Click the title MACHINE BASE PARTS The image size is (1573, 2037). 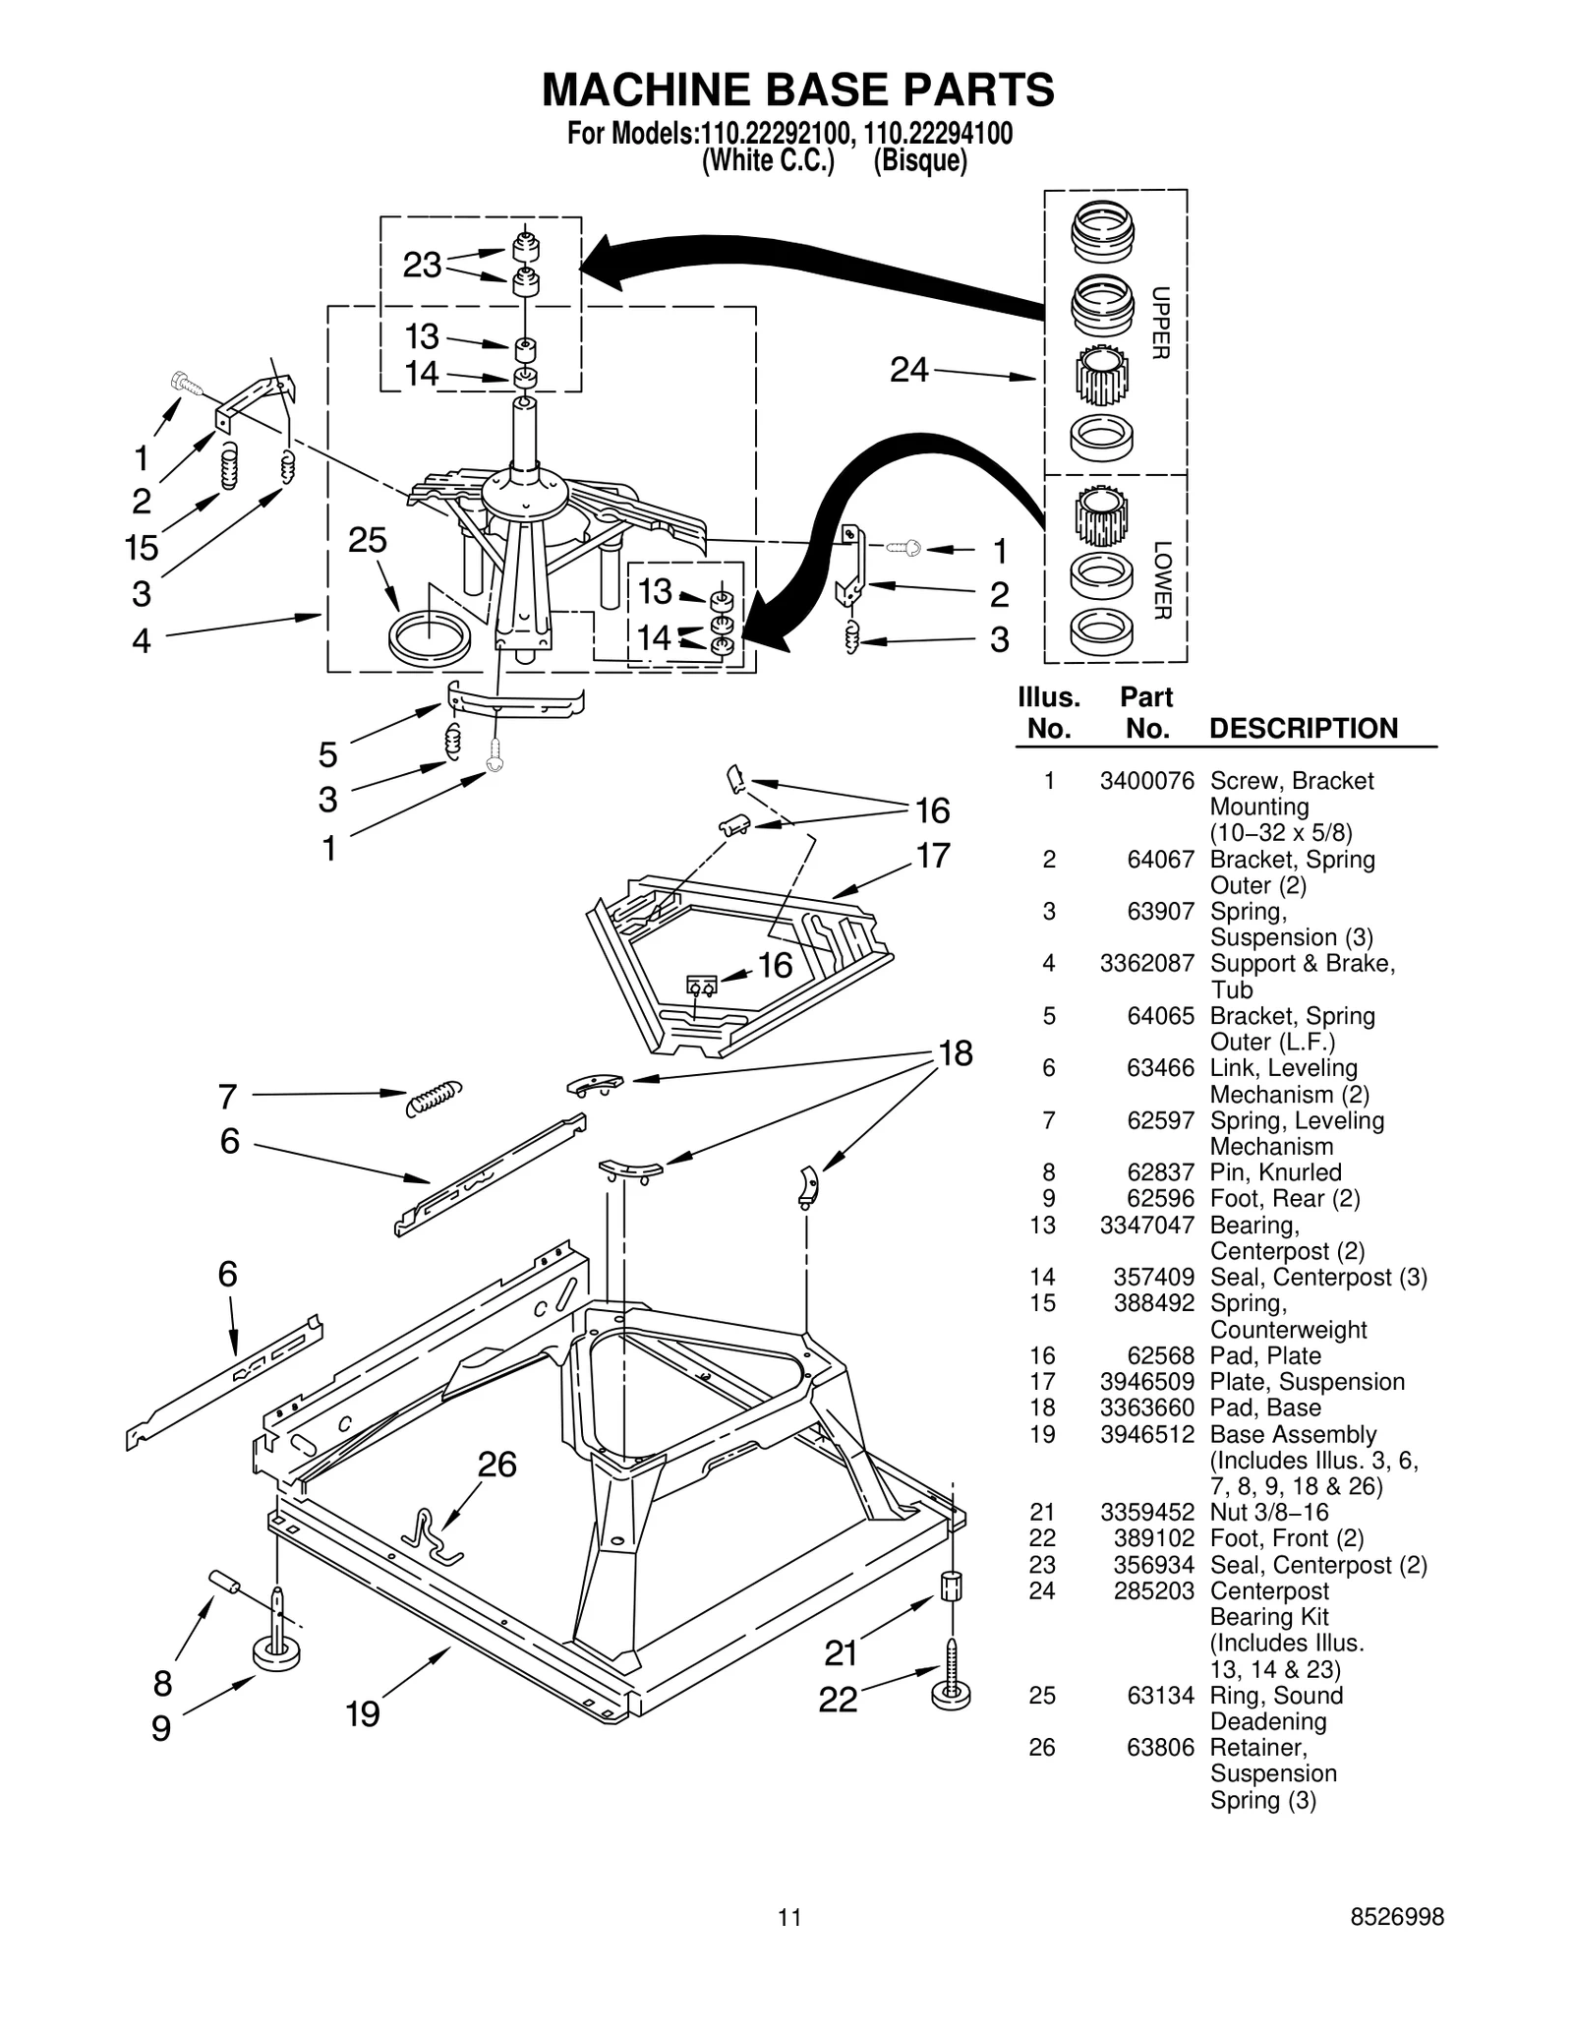click(x=797, y=90)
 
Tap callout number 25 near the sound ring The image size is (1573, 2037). click(x=368, y=540)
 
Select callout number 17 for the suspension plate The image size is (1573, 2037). click(x=933, y=856)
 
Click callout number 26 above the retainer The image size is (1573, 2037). click(x=497, y=1465)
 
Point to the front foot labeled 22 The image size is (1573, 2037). click(x=951, y=1689)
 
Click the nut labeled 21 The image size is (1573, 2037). click(x=952, y=1586)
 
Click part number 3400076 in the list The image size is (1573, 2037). click(x=1146, y=781)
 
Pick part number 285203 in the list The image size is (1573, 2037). click(x=1153, y=1590)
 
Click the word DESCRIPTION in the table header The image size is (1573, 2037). click(x=1303, y=729)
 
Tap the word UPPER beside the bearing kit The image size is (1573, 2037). click(x=1160, y=323)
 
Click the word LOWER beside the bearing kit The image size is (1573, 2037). click(x=1161, y=580)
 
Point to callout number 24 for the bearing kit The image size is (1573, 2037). click(x=908, y=370)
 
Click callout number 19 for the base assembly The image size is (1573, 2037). click(x=363, y=1714)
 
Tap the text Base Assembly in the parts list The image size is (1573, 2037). click(x=1292, y=1434)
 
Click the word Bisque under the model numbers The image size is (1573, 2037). click(x=920, y=160)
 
